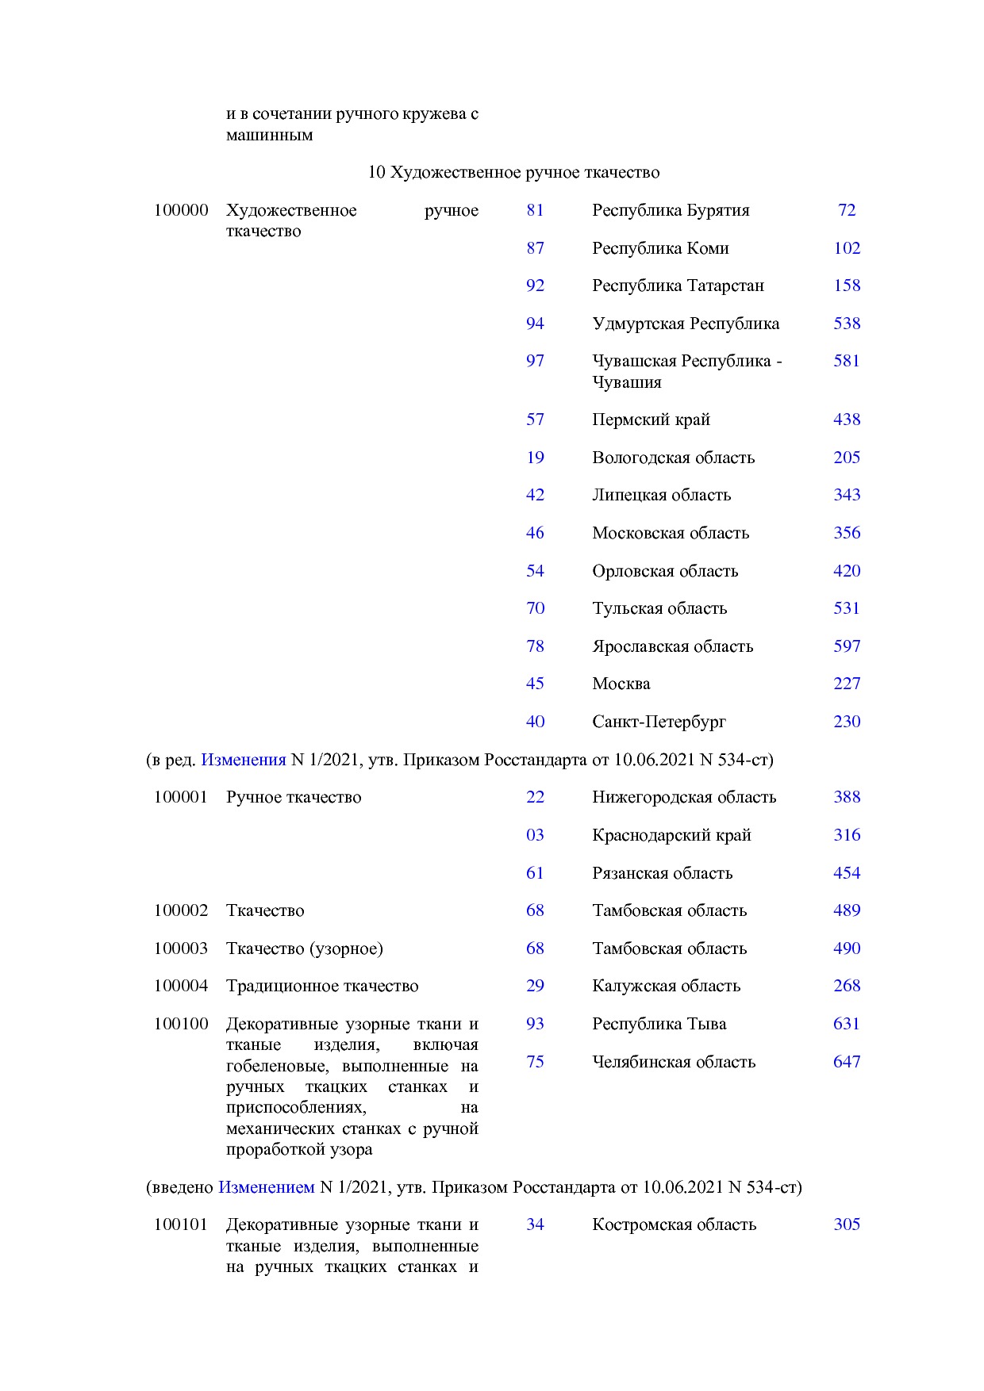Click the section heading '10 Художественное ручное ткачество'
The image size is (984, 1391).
coord(513,172)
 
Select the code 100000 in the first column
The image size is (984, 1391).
coord(181,210)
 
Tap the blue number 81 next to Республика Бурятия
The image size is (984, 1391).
coord(535,210)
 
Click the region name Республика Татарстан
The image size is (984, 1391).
coord(678,285)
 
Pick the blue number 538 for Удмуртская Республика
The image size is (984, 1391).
coord(847,324)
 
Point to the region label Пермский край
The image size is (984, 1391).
coord(651,420)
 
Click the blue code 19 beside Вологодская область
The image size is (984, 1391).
coord(535,458)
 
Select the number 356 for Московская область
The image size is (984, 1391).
coord(847,533)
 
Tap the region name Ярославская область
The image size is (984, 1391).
coord(672,646)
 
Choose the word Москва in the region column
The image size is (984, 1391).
coord(621,684)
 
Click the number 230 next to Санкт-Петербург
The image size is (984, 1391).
coord(847,722)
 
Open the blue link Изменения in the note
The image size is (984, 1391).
coord(243,760)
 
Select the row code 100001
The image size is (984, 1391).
coord(181,797)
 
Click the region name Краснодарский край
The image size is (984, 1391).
coord(671,835)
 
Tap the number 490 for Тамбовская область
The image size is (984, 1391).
coord(847,948)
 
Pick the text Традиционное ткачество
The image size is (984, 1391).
coord(322,986)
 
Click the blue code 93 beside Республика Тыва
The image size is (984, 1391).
coord(535,1024)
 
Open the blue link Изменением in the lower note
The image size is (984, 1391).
coord(266,1187)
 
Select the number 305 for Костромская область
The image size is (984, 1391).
coord(847,1224)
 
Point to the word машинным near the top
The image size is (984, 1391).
coord(269,135)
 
